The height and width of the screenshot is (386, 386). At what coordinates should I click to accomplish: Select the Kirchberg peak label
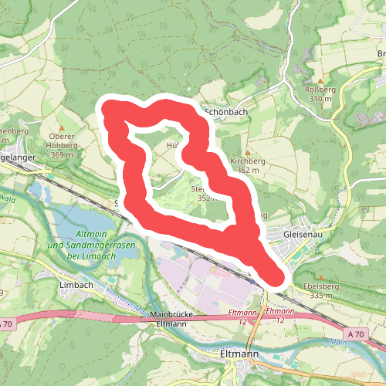tap(248, 161)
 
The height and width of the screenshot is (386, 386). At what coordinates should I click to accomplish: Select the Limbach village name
tap(76, 284)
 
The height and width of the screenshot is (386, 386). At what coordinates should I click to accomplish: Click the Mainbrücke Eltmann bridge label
tap(162, 320)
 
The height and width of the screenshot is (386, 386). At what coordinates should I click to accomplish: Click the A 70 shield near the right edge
tap(355, 333)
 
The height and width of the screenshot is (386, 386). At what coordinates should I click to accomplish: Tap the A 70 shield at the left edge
tap(5, 323)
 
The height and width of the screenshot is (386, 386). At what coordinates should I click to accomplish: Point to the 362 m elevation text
tap(248, 170)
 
